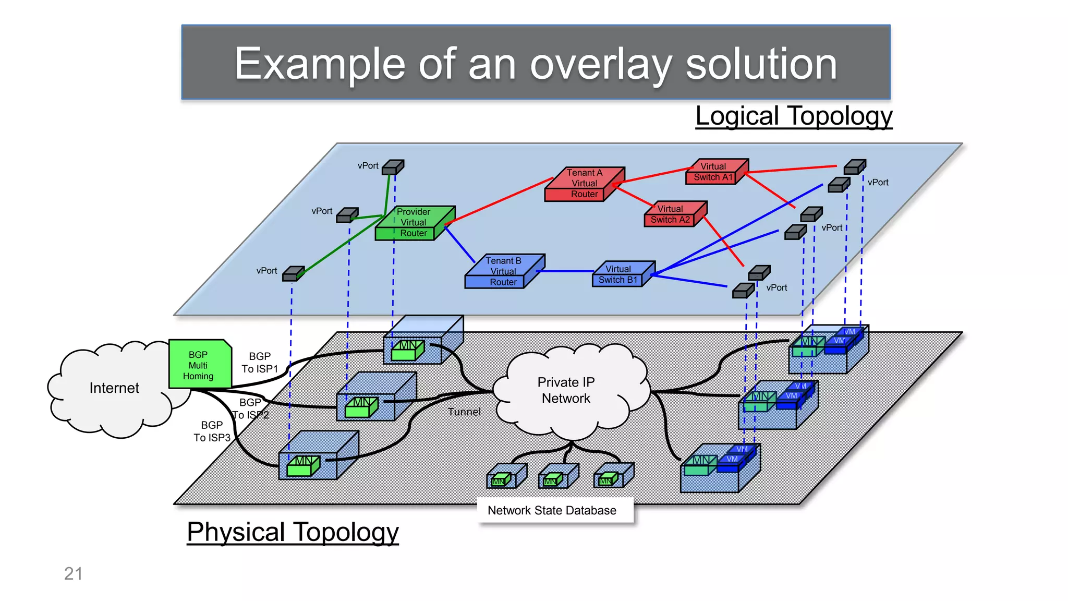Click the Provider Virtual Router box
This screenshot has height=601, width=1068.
point(413,223)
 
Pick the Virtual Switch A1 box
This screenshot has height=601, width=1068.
point(714,172)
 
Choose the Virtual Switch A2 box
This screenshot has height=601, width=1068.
point(672,214)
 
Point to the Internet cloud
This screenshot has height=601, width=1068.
point(114,388)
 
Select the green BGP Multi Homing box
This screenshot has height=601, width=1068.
point(199,365)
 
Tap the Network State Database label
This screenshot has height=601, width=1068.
point(552,510)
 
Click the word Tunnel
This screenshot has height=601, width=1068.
point(464,412)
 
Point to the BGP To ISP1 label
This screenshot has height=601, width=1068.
point(260,362)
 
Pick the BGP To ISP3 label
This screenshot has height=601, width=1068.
point(212,431)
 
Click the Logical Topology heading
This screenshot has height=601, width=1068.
point(794,116)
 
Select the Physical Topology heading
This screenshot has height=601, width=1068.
point(293,532)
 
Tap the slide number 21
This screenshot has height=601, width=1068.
point(73,573)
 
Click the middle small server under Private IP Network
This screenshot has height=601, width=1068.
point(557,476)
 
